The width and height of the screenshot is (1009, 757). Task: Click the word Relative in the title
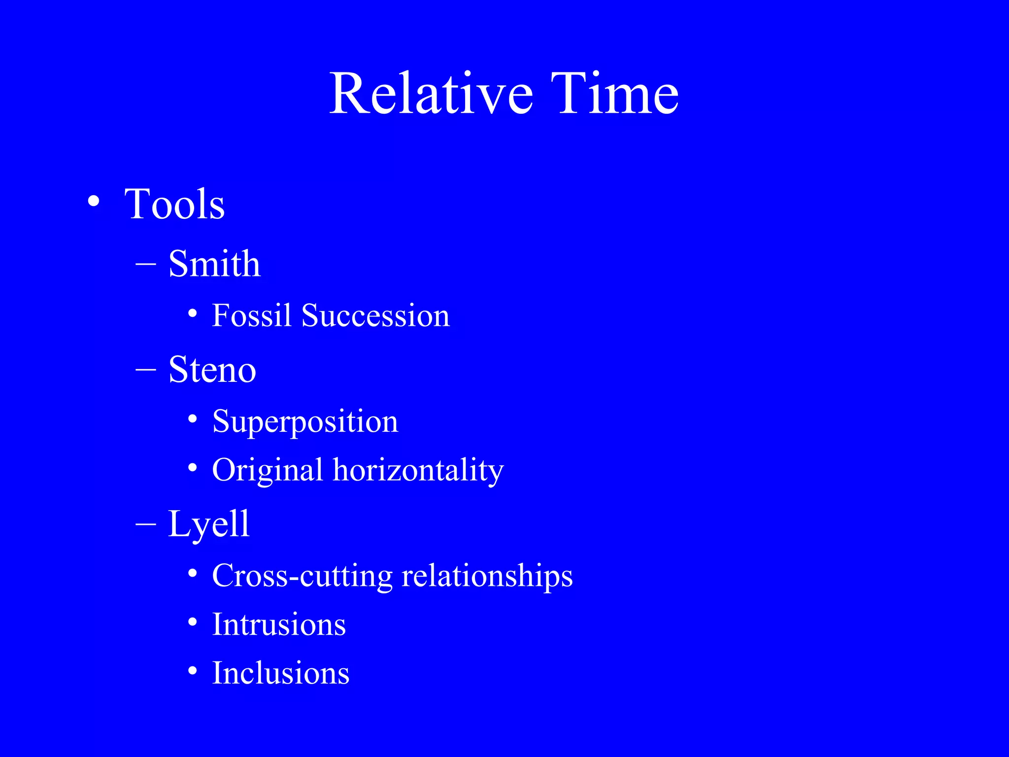(431, 94)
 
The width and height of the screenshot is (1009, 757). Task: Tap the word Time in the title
(614, 94)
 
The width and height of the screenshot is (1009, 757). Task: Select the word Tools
(174, 204)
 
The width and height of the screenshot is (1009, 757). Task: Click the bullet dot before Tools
(93, 202)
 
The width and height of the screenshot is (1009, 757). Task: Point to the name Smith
(214, 264)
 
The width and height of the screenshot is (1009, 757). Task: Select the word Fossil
(251, 315)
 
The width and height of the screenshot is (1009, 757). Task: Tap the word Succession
(375, 315)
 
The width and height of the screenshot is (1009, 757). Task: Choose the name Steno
(212, 370)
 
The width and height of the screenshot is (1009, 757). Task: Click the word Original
(267, 470)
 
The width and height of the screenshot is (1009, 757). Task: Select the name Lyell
(209, 524)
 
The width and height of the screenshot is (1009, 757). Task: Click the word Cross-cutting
(302, 576)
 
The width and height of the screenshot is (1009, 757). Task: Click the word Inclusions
(281, 673)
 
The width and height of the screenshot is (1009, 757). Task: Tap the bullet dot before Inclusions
(193, 671)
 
